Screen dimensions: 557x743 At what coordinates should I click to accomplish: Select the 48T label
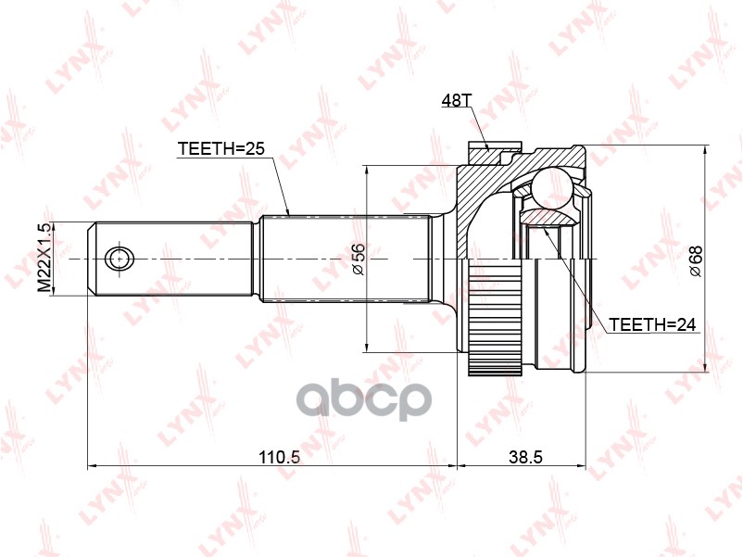[x=457, y=101]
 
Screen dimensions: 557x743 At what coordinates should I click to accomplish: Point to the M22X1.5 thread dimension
[x=42, y=258]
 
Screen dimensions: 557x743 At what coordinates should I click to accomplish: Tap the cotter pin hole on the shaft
[x=119, y=257]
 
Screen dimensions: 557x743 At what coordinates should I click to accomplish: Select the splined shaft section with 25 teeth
[x=343, y=257]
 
